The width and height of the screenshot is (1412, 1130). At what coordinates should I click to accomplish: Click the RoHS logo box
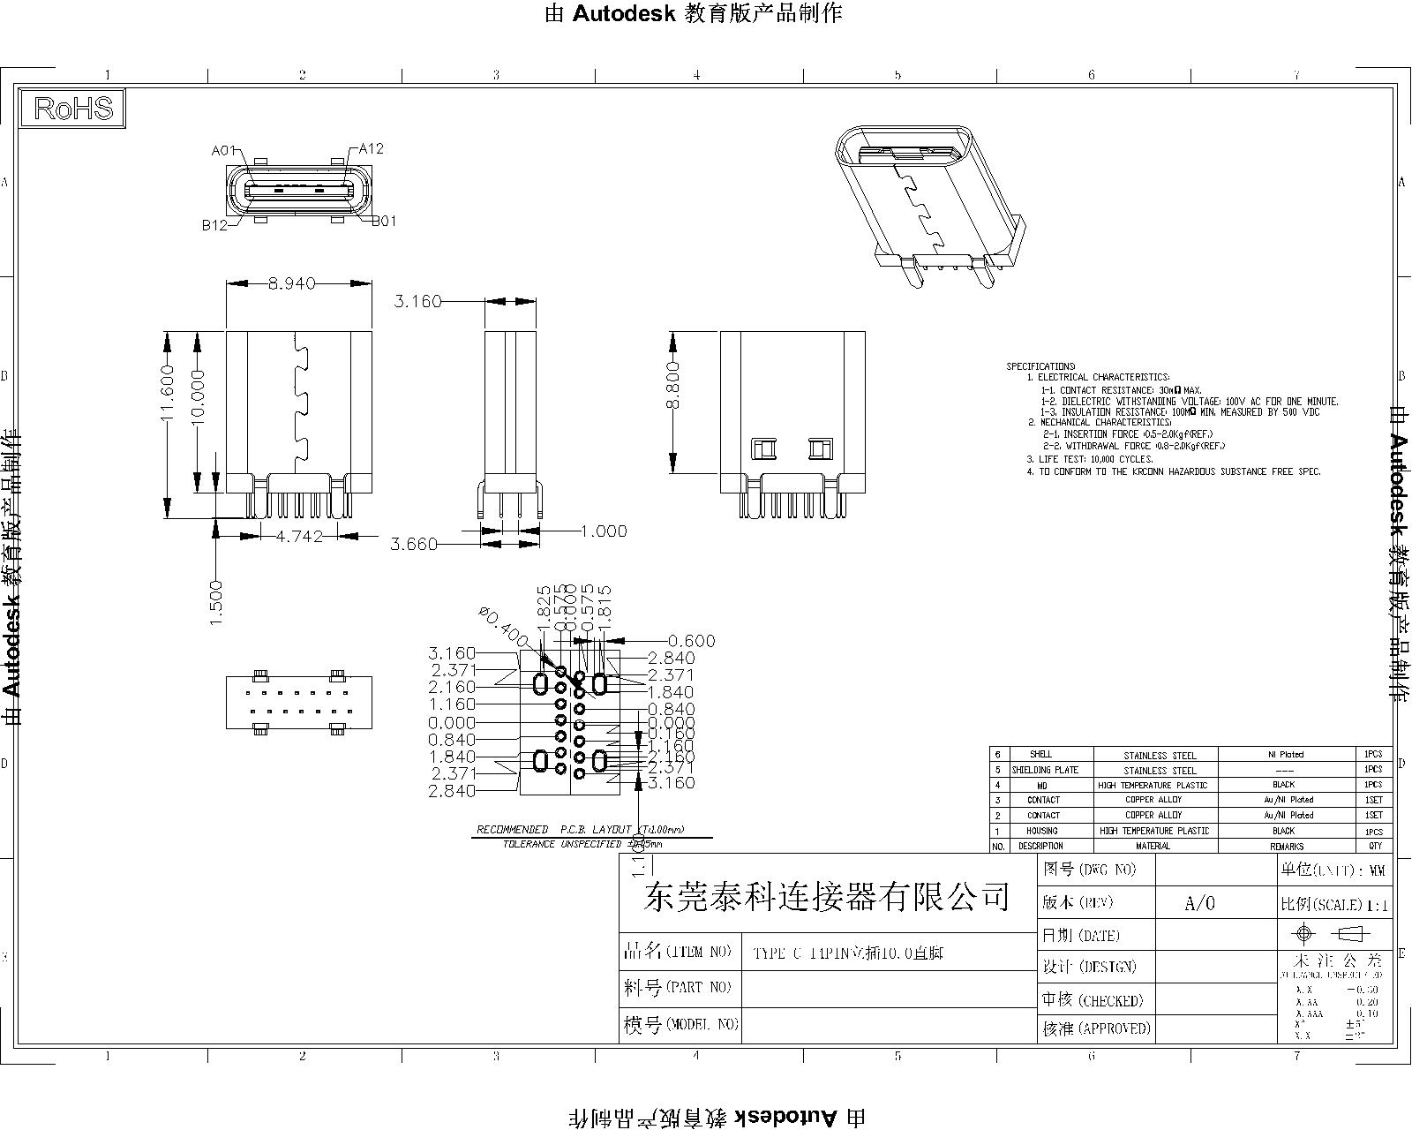[x=73, y=109]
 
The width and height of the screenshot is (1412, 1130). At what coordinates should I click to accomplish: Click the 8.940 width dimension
[x=291, y=284]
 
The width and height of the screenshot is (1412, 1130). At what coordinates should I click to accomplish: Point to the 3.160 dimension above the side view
[x=417, y=302]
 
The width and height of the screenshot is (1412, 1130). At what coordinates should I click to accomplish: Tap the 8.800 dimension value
[x=673, y=384]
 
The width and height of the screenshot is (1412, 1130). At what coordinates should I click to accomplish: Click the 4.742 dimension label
[x=299, y=536]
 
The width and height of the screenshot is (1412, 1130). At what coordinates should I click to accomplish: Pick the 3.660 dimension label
[x=414, y=545]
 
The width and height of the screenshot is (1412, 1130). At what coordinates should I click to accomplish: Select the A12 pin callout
[x=371, y=149]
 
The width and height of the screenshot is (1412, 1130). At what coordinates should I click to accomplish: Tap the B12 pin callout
[x=214, y=225]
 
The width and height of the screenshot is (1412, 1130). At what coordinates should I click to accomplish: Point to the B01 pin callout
[x=383, y=222]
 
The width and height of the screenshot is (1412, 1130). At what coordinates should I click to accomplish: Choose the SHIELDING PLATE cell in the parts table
[x=1044, y=770]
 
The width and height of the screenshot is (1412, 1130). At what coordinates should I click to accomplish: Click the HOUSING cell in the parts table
[x=1042, y=831]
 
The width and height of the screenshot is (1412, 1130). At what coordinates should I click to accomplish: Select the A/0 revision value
[x=1199, y=903]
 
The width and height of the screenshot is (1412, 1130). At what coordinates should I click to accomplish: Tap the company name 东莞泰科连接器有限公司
[x=827, y=898]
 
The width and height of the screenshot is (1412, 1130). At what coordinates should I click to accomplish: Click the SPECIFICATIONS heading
[x=1040, y=366]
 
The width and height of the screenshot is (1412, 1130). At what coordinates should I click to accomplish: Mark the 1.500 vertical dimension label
[x=216, y=603]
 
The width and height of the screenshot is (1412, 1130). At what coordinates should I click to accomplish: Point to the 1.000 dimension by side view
[x=604, y=531]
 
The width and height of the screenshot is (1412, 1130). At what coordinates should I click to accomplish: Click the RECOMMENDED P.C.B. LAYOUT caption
[x=580, y=830]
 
